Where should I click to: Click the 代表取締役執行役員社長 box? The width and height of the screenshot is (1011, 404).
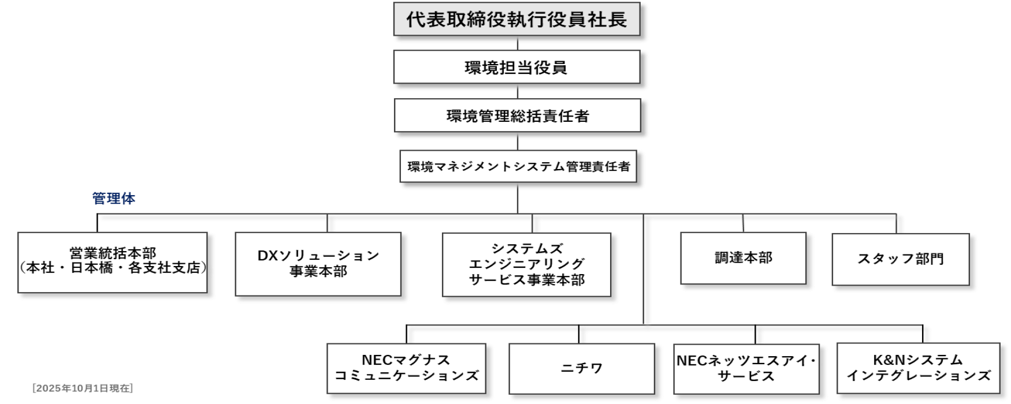click(x=516, y=20)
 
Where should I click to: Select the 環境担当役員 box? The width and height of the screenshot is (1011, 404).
click(x=516, y=68)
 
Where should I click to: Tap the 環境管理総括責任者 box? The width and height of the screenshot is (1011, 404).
click(x=517, y=116)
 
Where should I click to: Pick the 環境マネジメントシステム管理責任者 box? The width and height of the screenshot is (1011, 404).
click(x=518, y=167)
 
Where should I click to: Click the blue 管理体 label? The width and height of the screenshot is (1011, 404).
click(x=114, y=199)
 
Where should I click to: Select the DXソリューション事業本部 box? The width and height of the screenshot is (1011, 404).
click(x=318, y=264)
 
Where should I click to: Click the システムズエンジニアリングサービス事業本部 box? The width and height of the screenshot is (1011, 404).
click(x=526, y=264)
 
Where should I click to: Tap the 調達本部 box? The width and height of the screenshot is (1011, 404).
click(x=743, y=258)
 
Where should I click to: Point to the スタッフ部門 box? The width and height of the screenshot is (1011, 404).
click(x=900, y=259)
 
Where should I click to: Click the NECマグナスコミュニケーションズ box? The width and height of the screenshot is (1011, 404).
click(x=406, y=368)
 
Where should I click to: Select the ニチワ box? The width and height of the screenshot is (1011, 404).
click(x=582, y=368)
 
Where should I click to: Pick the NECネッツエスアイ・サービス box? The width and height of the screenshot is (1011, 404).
click(x=746, y=368)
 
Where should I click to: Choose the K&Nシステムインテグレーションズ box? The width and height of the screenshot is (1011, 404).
click(x=918, y=368)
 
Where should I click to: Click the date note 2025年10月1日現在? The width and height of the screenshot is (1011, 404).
click(x=82, y=388)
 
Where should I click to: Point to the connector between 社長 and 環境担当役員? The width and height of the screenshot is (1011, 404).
click(x=518, y=44)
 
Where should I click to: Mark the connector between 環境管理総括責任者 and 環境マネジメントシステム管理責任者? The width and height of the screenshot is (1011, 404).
click(x=518, y=142)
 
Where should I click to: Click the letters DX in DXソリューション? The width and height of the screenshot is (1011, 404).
click(x=268, y=256)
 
